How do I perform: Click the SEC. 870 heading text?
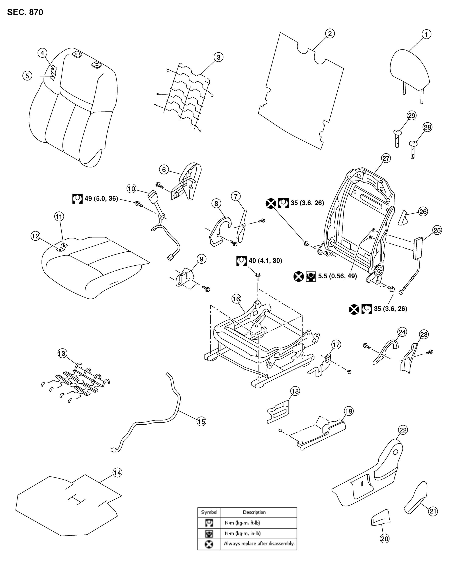click(25, 12)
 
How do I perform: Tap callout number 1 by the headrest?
click(426, 34)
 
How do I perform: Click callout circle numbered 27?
click(386, 158)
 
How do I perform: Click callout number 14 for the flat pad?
click(117, 473)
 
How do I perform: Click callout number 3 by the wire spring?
click(218, 57)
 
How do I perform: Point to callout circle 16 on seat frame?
click(236, 299)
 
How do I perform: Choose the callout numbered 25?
click(437, 230)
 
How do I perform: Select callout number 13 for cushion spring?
click(62, 354)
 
